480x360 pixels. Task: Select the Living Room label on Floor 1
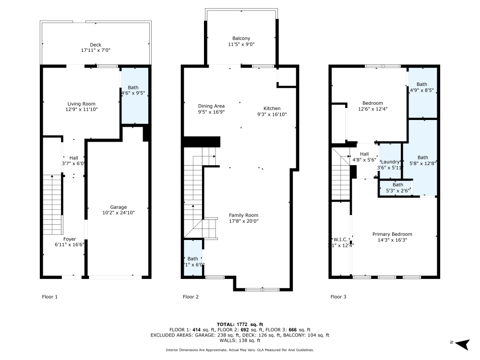point(81,104)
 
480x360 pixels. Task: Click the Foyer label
point(70,239)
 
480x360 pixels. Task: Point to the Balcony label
point(241,38)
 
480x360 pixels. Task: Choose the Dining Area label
point(211,106)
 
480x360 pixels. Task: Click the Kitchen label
point(272,108)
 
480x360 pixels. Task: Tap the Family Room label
point(243,215)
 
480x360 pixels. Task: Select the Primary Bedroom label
point(392,234)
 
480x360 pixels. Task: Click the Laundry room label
point(391,162)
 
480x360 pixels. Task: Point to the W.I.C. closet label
point(340,239)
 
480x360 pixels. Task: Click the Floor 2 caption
point(191,297)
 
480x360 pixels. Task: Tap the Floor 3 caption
point(338,297)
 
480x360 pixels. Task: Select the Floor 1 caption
point(50,297)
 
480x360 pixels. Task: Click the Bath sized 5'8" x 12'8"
point(422,157)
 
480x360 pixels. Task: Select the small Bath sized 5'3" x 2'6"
point(398,185)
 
